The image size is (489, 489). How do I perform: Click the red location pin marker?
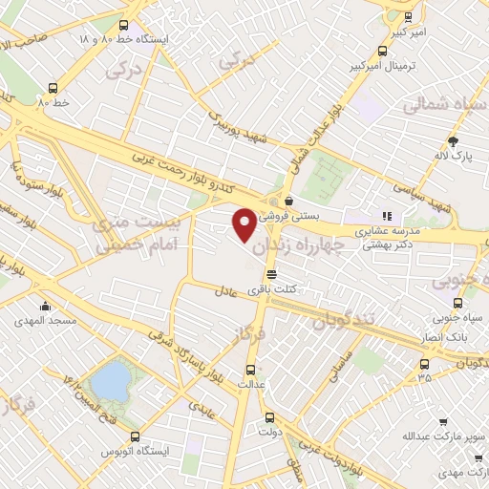click(x=244, y=224)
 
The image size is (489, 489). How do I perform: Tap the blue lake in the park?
click(x=113, y=381)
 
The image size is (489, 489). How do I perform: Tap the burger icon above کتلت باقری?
click(x=273, y=275)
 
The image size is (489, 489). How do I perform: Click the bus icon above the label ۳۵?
click(x=425, y=363)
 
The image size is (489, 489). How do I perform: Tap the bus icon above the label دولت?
click(x=268, y=417)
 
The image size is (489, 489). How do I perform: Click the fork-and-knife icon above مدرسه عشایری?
click(x=387, y=217)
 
